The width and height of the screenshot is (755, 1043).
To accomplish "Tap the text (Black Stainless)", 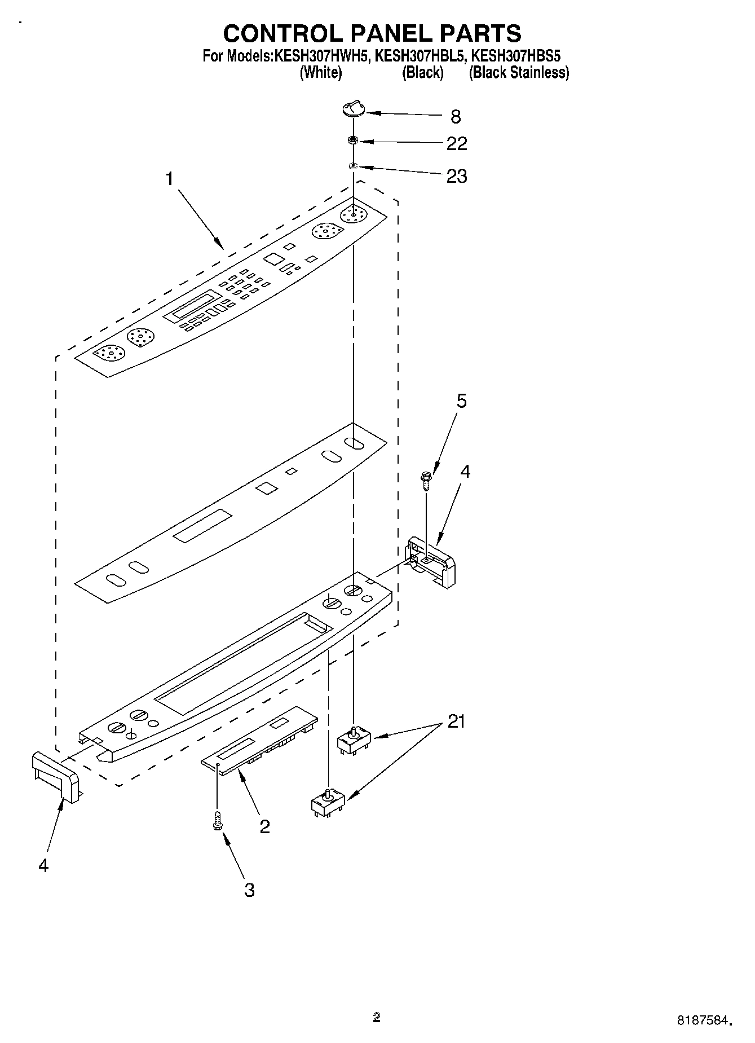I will coord(519,73).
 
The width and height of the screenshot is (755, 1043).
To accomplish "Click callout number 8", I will coord(456,117).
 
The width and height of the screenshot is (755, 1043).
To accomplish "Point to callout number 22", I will coord(457,144).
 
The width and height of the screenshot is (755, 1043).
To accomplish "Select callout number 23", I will coord(457,177).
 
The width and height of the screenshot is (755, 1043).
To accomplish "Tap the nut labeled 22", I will coord(354,140).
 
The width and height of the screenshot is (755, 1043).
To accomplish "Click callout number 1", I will coord(169,179).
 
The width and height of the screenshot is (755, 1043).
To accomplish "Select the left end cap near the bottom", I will coord(55,776).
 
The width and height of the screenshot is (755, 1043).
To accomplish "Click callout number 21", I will coord(456,721).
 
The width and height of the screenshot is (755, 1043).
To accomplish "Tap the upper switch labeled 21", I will coord(353,740).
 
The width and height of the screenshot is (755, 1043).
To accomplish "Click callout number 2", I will coord(264,826).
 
